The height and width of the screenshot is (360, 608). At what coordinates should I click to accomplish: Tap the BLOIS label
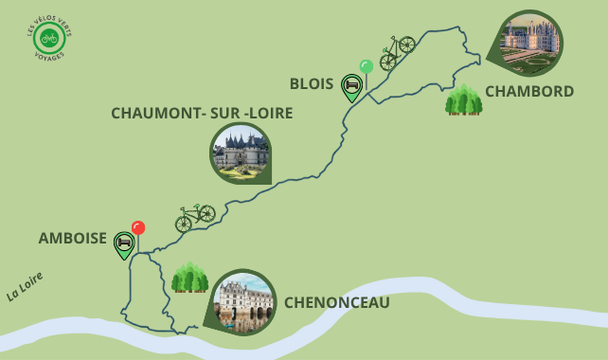(311, 83)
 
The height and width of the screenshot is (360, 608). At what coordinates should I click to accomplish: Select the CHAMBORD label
(529, 92)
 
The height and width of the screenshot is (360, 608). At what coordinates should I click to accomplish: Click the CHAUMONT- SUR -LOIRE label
(202, 113)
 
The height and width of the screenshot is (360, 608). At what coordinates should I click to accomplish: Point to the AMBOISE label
(73, 239)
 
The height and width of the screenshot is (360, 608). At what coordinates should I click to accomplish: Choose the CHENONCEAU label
(337, 302)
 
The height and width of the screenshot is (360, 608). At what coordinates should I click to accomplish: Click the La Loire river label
(25, 286)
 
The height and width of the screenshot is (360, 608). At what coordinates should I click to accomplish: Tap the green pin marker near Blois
(367, 66)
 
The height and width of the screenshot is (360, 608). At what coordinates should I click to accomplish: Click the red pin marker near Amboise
(138, 228)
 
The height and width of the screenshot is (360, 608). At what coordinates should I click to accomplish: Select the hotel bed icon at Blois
(352, 87)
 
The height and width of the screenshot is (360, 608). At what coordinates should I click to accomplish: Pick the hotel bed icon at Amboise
(124, 244)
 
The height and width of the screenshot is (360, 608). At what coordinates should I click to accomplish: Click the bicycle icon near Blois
(397, 52)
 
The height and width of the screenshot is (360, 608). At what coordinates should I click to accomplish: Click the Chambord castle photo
(530, 43)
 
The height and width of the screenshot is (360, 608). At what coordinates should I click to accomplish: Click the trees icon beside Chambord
(463, 99)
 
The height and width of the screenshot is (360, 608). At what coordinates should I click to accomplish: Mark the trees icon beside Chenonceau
(189, 278)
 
